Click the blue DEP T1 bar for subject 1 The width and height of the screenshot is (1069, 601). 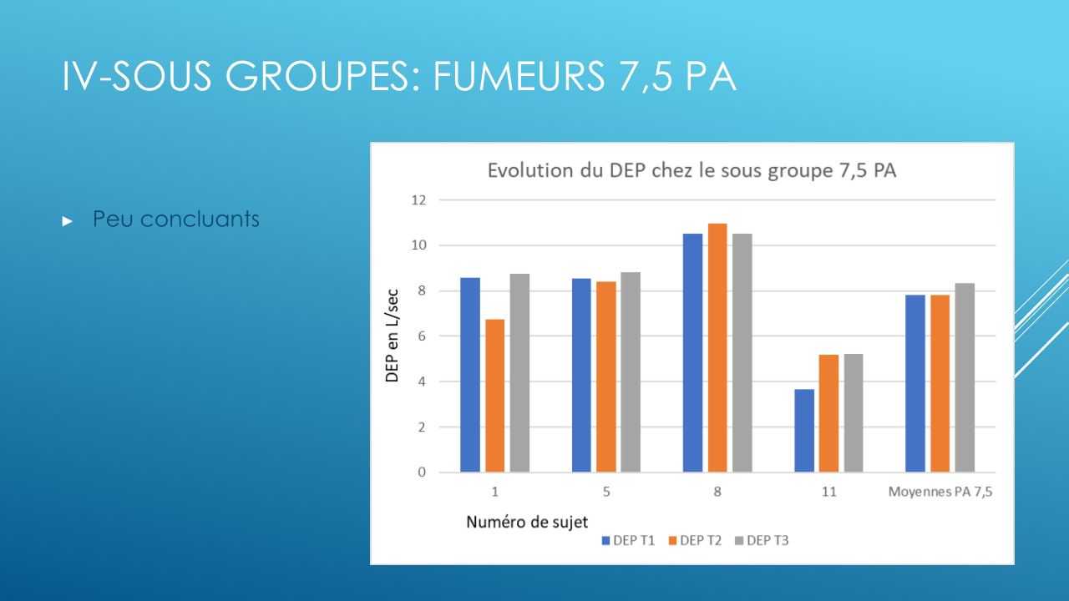coord(470,375)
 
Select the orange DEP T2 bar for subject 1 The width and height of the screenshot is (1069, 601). coord(495,396)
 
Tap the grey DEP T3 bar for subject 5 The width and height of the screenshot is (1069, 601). coord(631,372)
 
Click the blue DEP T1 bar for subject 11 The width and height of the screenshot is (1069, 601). coord(804,431)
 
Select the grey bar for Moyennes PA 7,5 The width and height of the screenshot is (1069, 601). coord(965,377)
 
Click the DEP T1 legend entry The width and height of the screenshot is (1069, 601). coord(627,540)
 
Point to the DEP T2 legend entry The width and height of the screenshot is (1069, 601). coord(694,540)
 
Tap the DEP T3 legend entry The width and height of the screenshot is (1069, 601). coord(761,540)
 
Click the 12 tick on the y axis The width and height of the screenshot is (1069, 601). coord(418,200)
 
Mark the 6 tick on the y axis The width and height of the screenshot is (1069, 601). coord(421,336)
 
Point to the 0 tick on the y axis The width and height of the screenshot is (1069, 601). coord(421,472)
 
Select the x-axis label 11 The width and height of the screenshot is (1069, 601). coord(828,492)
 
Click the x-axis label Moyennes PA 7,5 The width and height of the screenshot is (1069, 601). coord(940,492)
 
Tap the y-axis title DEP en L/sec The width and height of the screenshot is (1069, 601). coord(392,336)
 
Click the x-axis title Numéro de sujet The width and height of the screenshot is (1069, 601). coord(526,523)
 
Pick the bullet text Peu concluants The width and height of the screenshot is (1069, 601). coord(176,220)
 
